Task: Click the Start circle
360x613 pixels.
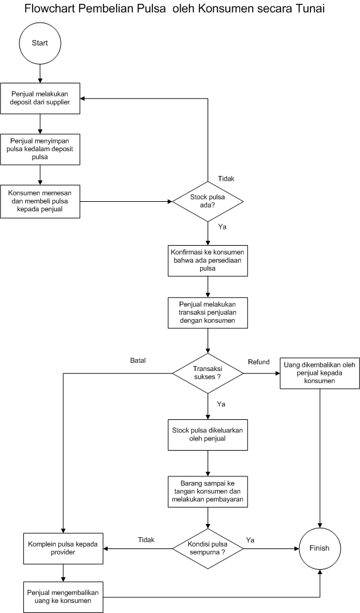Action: [x=40, y=43]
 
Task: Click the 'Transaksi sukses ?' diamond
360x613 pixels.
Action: [x=208, y=374]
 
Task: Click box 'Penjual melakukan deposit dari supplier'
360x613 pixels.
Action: [x=40, y=98]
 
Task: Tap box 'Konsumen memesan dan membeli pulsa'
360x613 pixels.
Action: [x=40, y=202]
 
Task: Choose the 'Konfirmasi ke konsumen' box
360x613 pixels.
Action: [x=208, y=259]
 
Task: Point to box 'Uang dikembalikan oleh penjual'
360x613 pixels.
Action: [x=320, y=374]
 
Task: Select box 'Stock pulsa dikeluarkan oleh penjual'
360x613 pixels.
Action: [x=208, y=434]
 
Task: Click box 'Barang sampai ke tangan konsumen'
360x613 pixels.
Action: [x=208, y=492]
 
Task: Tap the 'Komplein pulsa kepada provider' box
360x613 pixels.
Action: [x=63, y=548]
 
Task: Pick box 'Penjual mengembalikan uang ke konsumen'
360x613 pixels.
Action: [x=63, y=596]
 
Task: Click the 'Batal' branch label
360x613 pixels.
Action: [x=138, y=361]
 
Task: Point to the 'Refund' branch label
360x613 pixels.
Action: [x=258, y=362]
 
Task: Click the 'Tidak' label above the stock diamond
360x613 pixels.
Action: [x=227, y=178]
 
